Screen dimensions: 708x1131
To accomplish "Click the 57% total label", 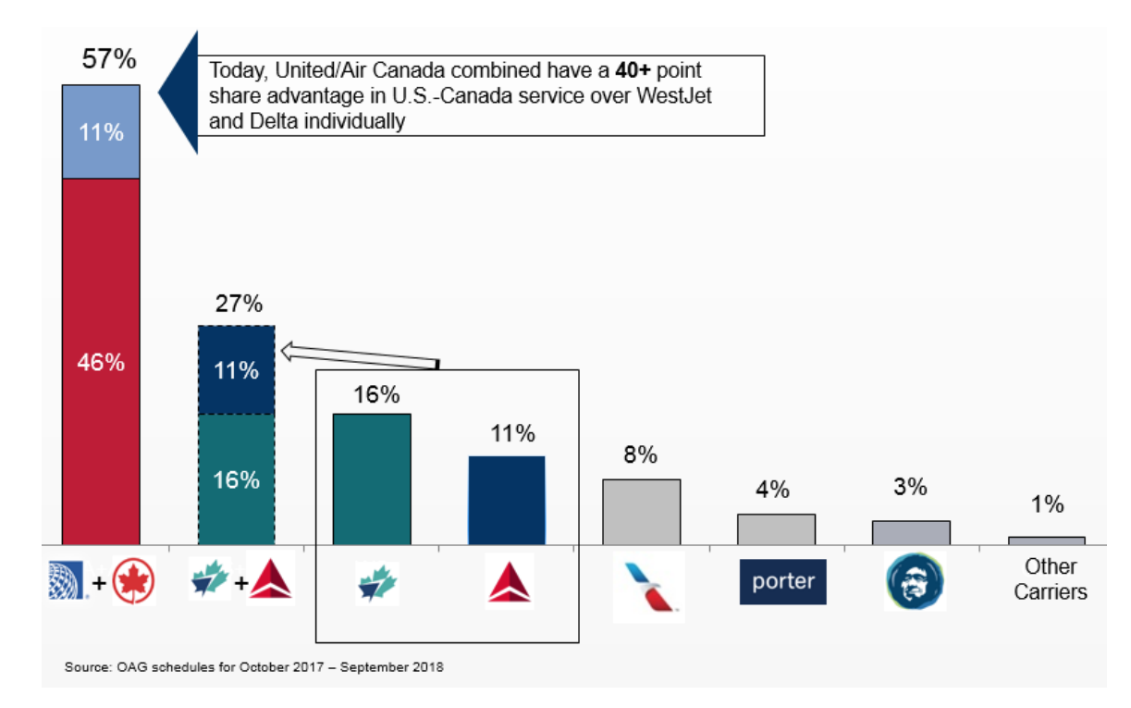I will click(x=108, y=60).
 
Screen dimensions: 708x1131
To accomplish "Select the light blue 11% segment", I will click(x=101, y=131).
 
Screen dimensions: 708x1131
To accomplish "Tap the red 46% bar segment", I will click(x=101, y=361).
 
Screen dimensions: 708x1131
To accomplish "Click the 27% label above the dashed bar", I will click(x=237, y=304).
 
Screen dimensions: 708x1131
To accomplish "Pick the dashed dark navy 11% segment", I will click(x=237, y=370).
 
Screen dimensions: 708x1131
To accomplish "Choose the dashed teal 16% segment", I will click(x=237, y=479).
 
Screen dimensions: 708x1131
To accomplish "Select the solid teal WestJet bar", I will click(x=372, y=478).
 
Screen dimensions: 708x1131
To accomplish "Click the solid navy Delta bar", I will click(x=507, y=500).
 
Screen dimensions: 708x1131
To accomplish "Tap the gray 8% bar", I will click(x=642, y=512).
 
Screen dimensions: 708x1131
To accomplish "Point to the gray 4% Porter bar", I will click(x=776, y=529).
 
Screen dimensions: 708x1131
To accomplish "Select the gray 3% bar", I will click(x=911, y=532).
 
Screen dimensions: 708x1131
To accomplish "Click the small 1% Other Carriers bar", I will click(x=1046, y=540).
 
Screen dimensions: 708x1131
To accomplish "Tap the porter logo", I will click(x=782, y=582).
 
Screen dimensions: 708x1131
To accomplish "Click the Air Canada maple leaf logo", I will click(x=134, y=582).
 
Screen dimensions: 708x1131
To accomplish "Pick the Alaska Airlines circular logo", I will click(x=915, y=582).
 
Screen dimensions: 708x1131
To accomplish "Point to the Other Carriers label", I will click(x=1051, y=579).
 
